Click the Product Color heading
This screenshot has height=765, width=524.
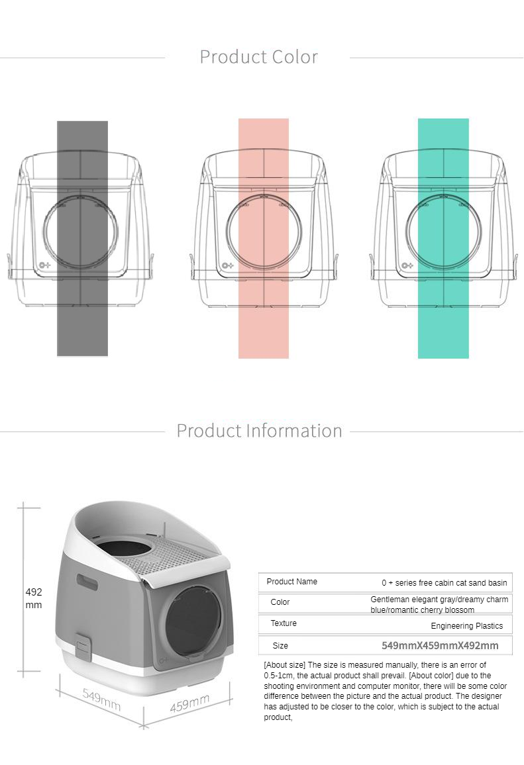(x=259, y=57)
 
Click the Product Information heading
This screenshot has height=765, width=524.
(x=259, y=431)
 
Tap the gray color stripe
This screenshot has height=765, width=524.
(x=83, y=239)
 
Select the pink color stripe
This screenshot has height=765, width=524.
(x=264, y=239)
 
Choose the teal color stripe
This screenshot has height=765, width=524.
(x=443, y=239)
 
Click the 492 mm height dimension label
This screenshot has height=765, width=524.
(x=34, y=598)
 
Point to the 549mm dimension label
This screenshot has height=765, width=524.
(x=101, y=699)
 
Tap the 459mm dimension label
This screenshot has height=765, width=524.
(x=189, y=703)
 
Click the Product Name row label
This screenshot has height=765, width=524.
(x=291, y=582)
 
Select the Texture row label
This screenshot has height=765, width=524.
(x=284, y=623)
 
